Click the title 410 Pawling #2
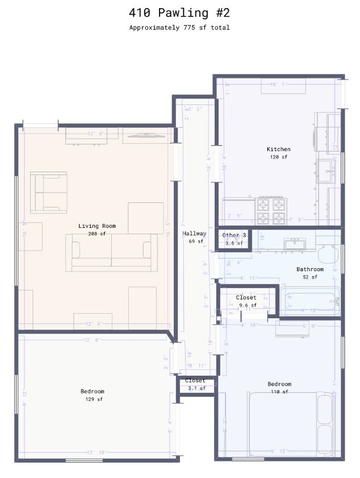click(179, 13)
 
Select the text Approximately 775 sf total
click(179, 27)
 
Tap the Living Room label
click(97, 226)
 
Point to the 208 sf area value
click(97, 234)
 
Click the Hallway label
click(194, 234)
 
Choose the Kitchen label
click(278, 149)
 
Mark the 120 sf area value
click(278, 157)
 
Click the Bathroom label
click(309, 269)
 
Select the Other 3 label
click(234, 235)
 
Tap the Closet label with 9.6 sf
click(246, 298)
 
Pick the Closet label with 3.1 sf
click(195, 381)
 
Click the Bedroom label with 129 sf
click(92, 392)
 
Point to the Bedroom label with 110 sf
click(279, 384)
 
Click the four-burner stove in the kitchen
click(270, 211)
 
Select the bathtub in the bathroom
click(309, 301)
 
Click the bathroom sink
click(295, 244)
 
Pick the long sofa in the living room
click(111, 252)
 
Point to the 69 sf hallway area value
click(194, 241)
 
